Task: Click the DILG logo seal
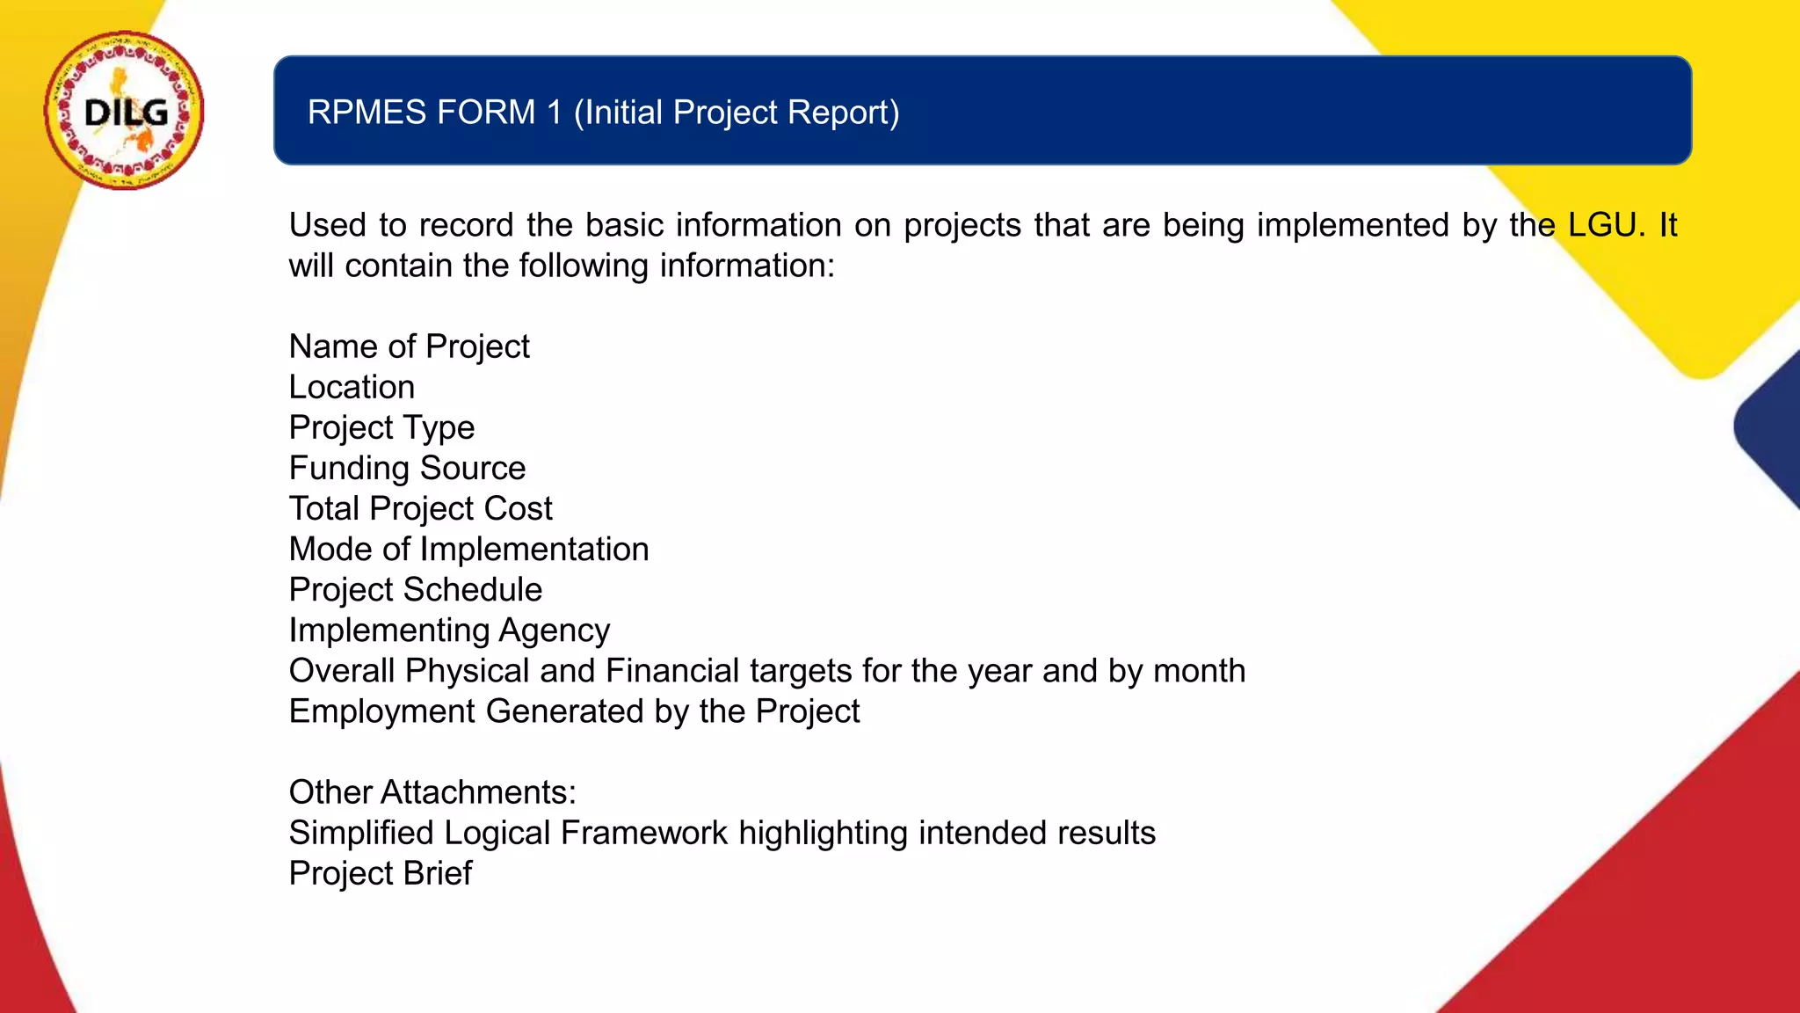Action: coord(124,111)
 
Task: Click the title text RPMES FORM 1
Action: coord(434,113)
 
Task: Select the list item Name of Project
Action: coord(409,346)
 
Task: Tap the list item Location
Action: coord(352,387)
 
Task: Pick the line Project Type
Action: coord(381,428)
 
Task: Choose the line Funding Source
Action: coord(407,468)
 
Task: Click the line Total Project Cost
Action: coord(420,508)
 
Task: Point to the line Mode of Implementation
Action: coord(468,549)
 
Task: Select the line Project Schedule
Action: coord(415,589)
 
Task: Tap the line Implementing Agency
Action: coord(449,630)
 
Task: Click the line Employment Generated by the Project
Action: coord(574,711)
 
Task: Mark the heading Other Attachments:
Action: coord(432,792)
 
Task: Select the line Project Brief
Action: coord(380,873)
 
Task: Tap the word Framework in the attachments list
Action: coord(644,833)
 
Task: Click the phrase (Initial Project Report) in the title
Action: coord(737,113)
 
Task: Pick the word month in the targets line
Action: coord(1199,671)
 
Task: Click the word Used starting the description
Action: coord(327,225)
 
